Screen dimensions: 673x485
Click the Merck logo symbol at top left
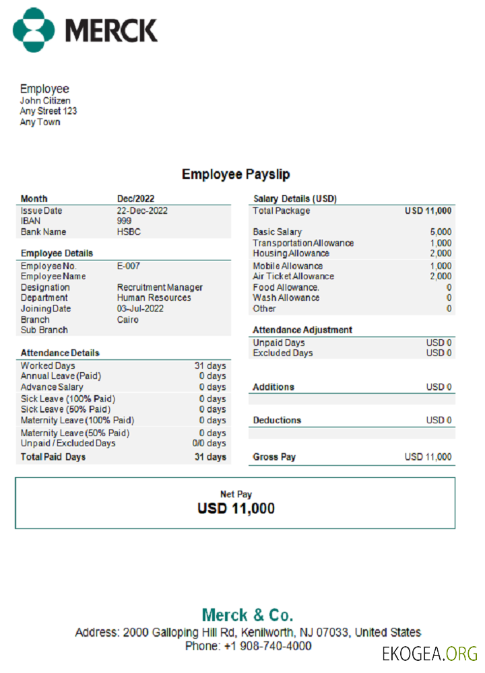[34, 30]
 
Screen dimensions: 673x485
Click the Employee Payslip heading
[236, 174]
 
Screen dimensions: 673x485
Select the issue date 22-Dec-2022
[142, 211]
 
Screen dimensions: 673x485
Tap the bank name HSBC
[129, 232]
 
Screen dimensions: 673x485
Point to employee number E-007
[128, 266]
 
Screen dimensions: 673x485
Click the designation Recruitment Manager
[160, 287]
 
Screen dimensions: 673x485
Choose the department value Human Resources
[154, 297]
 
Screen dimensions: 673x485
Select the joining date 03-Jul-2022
[140, 308]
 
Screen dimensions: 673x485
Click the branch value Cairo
[127, 320]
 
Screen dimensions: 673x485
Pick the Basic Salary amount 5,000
[441, 232]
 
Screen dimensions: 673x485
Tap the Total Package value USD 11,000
[428, 211]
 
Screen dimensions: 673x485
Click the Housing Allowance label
[291, 254]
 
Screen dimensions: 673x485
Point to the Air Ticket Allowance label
[293, 276]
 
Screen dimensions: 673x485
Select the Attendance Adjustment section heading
[302, 330]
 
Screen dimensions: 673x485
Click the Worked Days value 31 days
[210, 365]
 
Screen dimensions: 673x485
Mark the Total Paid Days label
[53, 457]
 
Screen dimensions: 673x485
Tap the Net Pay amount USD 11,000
[236, 509]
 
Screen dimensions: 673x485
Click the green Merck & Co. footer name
[247, 614]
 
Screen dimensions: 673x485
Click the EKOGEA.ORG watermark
[430, 653]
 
